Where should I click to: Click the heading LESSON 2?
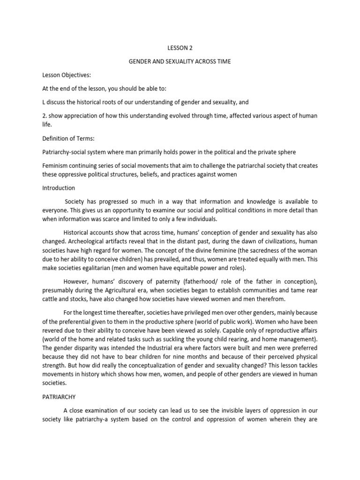pos(180,48)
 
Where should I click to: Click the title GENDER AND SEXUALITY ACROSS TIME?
pos(180,61)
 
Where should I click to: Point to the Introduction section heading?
pos(59,188)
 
